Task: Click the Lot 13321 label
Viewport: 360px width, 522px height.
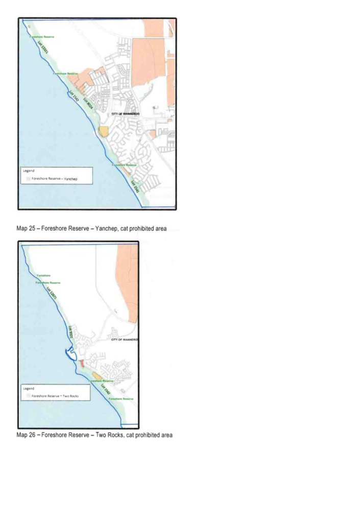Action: (43, 50)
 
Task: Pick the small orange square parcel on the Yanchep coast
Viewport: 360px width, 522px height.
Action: (104, 131)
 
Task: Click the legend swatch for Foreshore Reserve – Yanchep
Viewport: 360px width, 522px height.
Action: (28, 179)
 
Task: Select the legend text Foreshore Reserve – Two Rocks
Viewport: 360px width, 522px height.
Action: (55, 396)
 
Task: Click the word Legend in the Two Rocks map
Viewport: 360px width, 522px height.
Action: (29, 389)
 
